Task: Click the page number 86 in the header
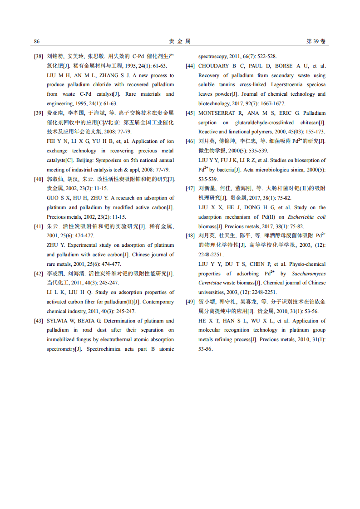tap(37, 41)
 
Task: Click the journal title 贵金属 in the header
tap(180, 41)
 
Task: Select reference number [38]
tap(39, 57)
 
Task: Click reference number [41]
tap(39, 226)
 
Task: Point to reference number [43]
tap(39, 321)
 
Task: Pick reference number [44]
tap(190, 66)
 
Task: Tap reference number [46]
tap(190, 142)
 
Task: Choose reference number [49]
tap(190, 302)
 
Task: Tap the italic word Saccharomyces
tap(309, 274)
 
